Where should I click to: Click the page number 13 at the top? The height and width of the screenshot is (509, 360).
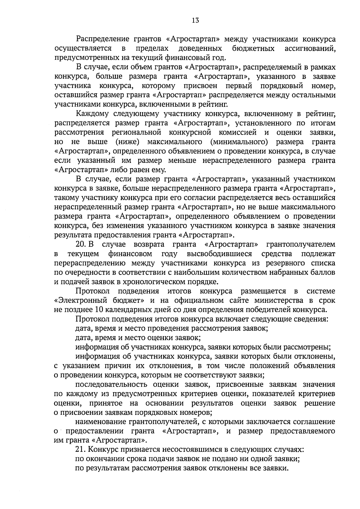coord(195,20)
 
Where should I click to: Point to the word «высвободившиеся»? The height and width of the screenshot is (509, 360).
coord(219,254)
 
